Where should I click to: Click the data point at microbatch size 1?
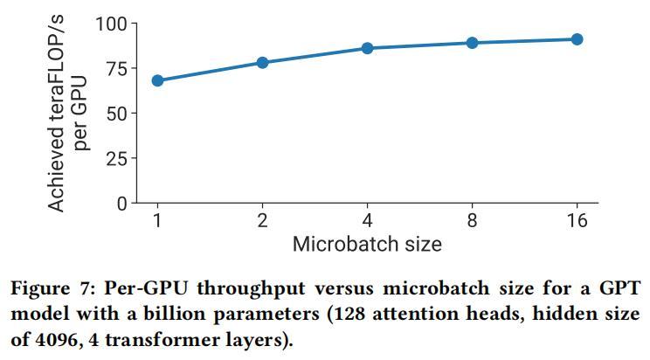pyautogui.click(x=157, y=80)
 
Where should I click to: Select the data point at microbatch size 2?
pyautogui.click(x=262, y=63)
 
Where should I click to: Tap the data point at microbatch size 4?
pyautogui.click(x=367, y=48)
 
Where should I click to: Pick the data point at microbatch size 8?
pyautogui.click(x=472, y=43)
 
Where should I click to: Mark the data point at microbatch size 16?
pyautogui.click(x=577, y=39)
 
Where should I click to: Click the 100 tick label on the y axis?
pyautogui.click(x=110, y=24)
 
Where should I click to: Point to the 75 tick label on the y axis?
pyautogui.click(x=115, y=68)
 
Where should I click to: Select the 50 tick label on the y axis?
pyautogui.click(x=115, y=114)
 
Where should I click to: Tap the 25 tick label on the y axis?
pyautogui.click(x=115, y=159)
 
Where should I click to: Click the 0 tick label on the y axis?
pyautogui.click(x=121, y=204)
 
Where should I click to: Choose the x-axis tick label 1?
pyautogui.click(x=157, y=221)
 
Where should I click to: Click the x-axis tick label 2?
pyautogui.click(x=262, y=221)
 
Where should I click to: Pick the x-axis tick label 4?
pyautogui.click(x=367, y=221)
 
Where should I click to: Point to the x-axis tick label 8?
pyautogui.click(x=472, y=221)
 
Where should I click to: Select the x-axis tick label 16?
pyautogui.click(x=577, y=221)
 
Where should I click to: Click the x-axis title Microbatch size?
pyautogui.click(x=367, y=244)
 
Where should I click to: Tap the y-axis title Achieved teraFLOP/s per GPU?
pyautogui.click(x=68, y=114)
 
